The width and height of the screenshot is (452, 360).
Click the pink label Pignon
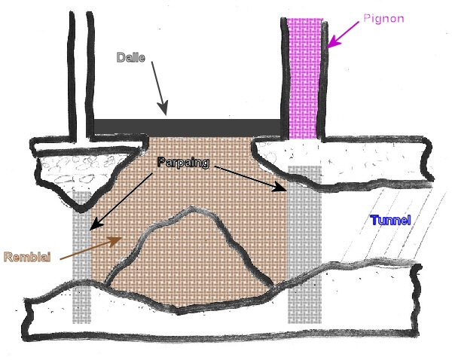point(383,17)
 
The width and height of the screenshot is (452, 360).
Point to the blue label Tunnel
point(390,221)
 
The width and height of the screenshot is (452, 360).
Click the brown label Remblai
point(27,257)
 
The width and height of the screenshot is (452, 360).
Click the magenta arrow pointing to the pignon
point(344,34)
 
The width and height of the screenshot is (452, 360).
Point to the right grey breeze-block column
point(304,249)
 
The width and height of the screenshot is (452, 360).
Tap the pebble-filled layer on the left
point(75,169)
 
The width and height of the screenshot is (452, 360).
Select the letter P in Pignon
point(365,17)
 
